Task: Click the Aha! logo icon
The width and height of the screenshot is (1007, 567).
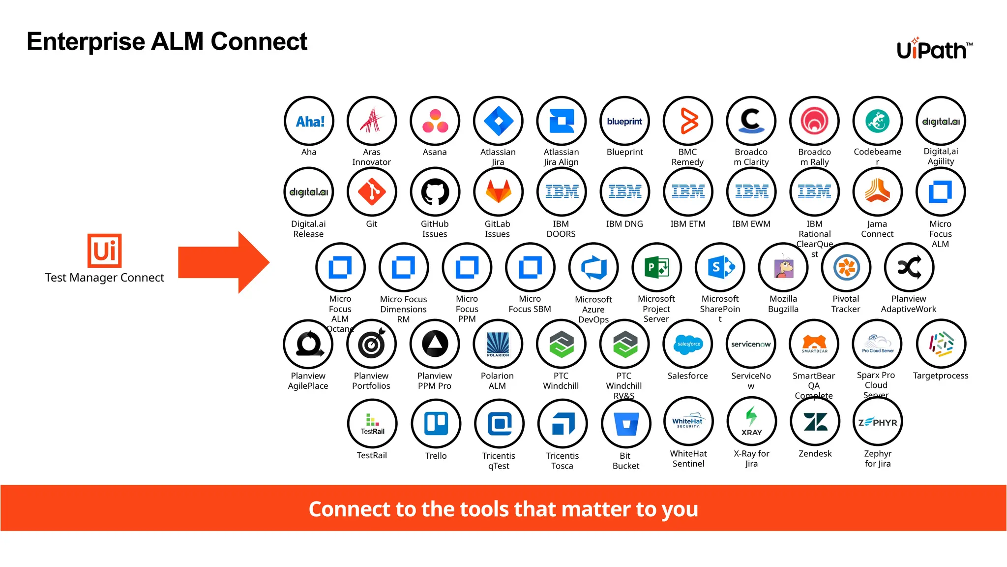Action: click(309, 121)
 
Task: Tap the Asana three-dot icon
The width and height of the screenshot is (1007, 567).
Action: click(435, 121)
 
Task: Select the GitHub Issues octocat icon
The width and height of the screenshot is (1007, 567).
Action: click(435, 192)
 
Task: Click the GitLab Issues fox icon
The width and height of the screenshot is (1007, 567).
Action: click(498, 192)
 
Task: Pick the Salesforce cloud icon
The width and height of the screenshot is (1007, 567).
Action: click(688, 344)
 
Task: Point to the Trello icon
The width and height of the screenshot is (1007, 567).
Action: click(436, 424)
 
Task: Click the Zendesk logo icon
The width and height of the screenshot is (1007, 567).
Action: click(815, 422)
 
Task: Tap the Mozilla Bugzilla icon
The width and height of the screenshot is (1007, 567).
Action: click(783, 267)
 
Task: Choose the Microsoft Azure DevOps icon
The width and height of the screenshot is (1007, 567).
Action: click(593, 267)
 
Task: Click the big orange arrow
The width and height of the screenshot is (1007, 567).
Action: click(224, 262)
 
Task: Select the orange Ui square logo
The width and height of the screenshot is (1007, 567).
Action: click(105, 251)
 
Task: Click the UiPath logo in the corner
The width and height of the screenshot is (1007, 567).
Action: click(934, 49)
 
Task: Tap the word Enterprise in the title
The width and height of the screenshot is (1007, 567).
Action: click(87, 41)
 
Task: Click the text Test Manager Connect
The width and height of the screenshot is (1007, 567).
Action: click(104, 278)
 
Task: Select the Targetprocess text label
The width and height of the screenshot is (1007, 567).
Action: click(941, 376)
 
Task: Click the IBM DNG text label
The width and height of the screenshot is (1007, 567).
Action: click(624, 224)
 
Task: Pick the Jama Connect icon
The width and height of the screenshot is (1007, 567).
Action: click(878, 192)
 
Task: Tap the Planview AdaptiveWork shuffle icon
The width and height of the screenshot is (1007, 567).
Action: click(909, 267)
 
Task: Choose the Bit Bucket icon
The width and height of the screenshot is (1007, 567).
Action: click(626, 424)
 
